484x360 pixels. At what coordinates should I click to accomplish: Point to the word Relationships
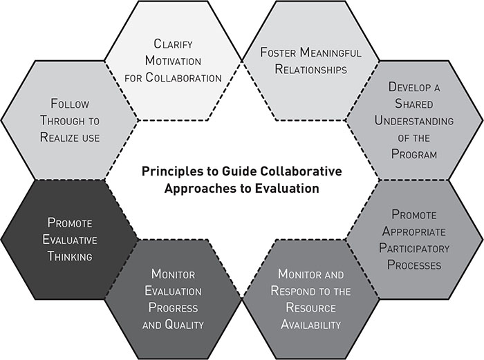[310, 69]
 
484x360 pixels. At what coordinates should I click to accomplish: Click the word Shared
[413, 105]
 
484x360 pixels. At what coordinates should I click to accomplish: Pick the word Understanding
[413, 122]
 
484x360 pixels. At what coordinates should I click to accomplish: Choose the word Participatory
[413, 248]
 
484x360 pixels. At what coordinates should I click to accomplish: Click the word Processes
[413, 265]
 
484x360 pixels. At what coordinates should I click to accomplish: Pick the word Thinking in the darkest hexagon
[69, 256]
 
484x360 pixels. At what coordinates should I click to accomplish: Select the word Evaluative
[69, 240]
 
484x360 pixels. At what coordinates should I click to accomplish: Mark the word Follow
[69, 104]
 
